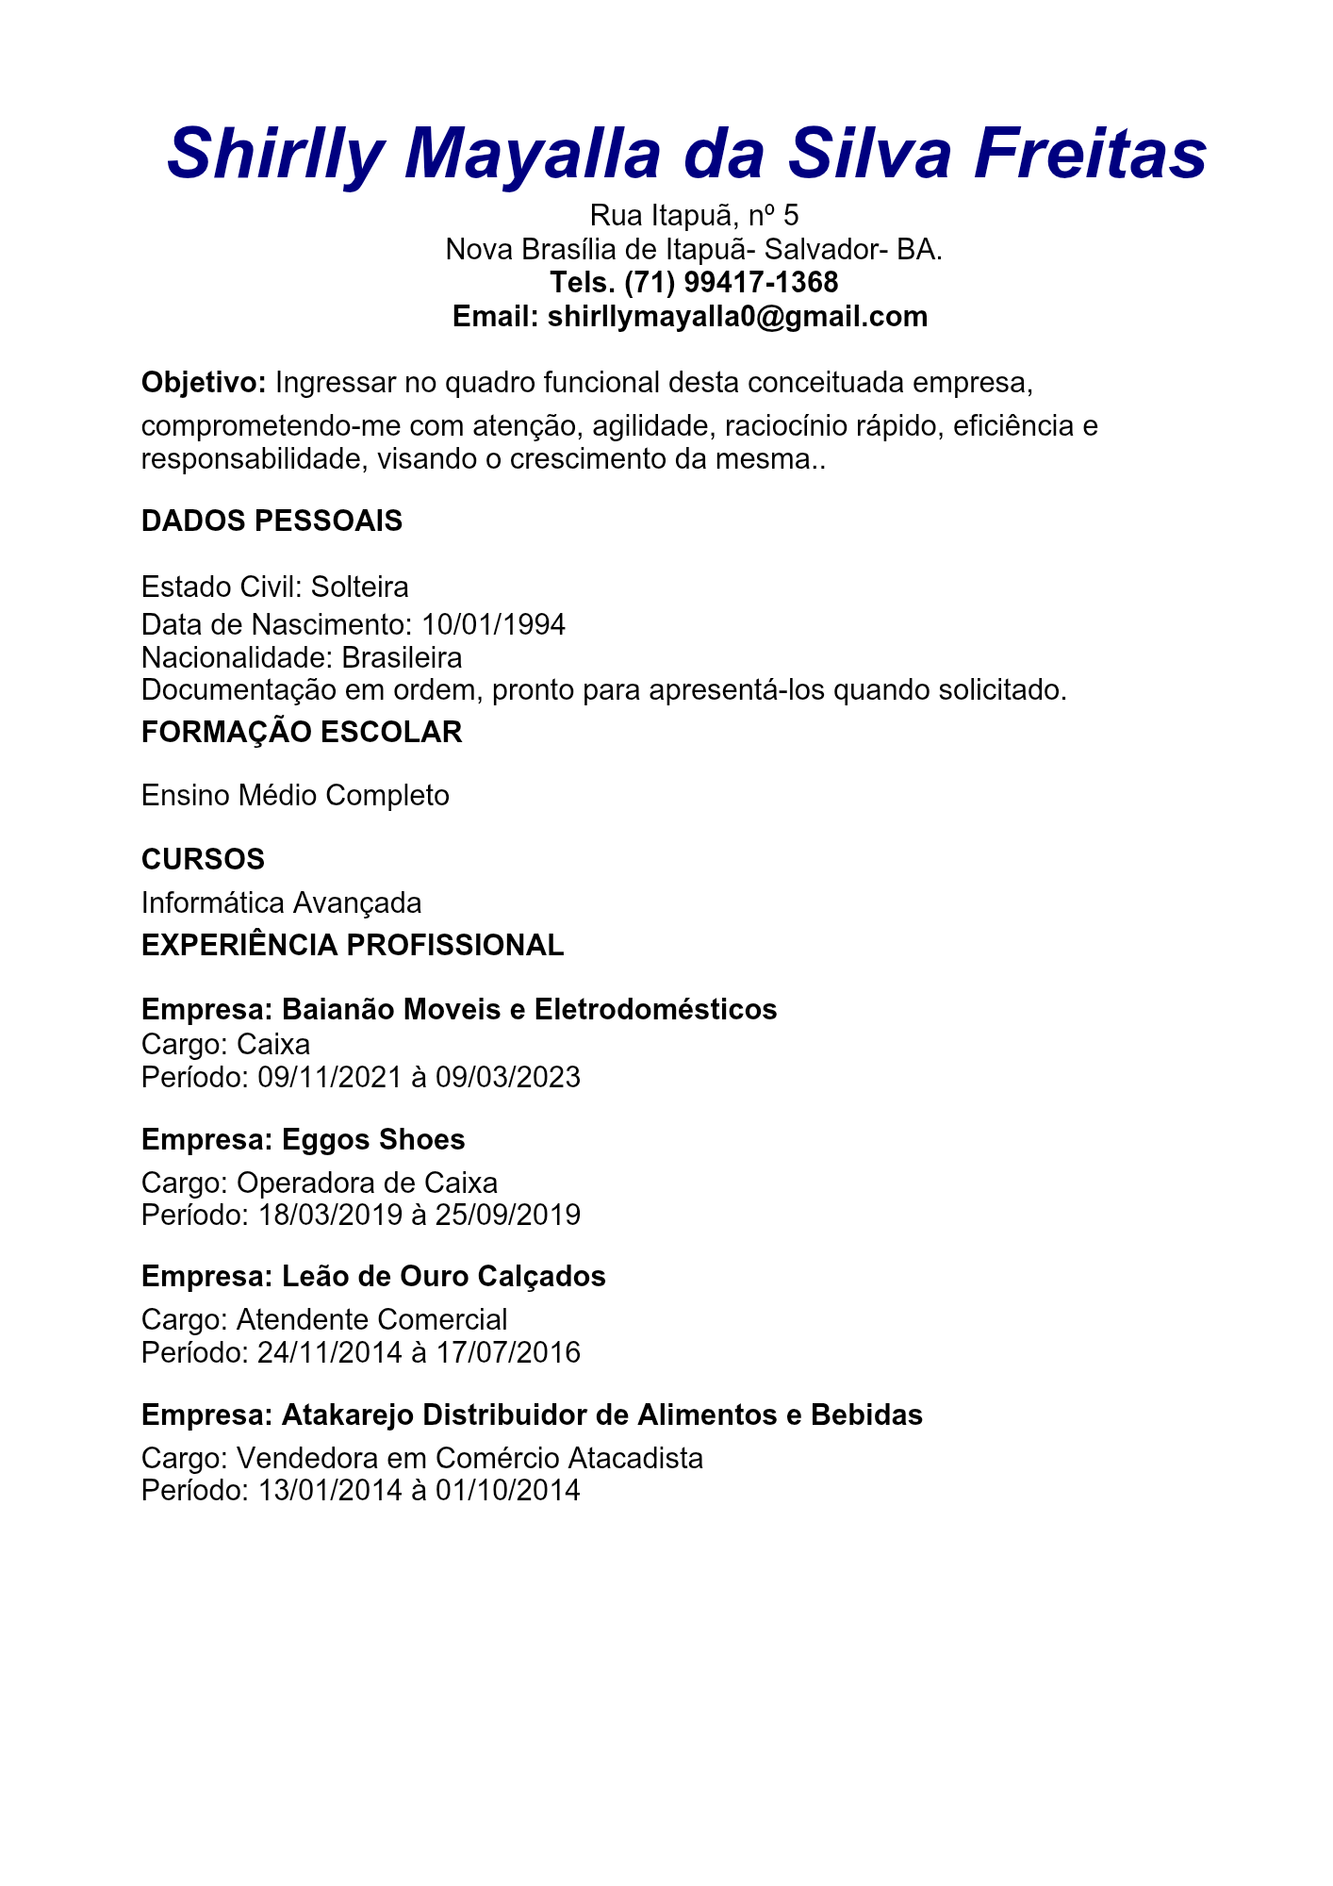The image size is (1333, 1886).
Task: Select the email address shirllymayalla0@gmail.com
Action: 737,316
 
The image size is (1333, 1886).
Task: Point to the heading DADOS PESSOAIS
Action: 272,521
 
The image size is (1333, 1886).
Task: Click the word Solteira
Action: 359,587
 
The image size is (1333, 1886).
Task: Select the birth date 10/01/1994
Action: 493,624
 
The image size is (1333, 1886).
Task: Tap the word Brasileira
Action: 402,657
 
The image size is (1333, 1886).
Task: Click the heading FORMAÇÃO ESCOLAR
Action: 302,732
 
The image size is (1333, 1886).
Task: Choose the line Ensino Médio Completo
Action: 295,796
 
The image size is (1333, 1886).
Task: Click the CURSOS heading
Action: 203,859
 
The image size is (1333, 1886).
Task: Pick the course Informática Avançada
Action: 281,903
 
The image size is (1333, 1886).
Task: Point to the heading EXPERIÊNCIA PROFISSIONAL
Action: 353,945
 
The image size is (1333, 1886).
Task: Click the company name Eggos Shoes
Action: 373,1139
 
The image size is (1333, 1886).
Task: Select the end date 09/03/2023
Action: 507,1077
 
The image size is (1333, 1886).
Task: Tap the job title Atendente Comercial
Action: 371,1319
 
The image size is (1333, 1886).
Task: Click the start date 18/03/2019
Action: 330,1215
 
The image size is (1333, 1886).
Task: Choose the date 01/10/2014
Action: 507,1490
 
